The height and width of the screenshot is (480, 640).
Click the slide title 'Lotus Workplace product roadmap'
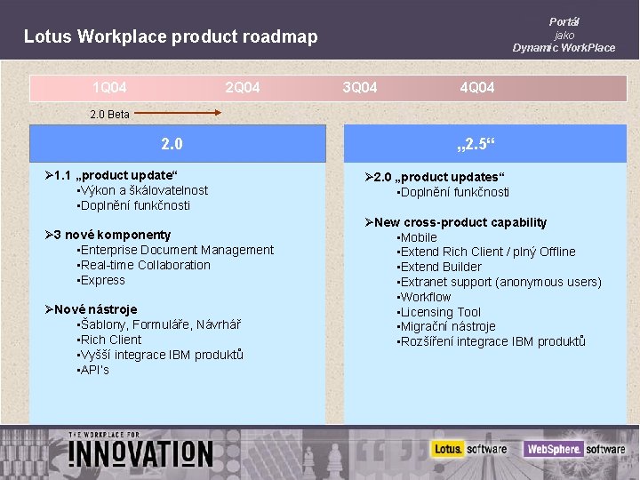(171, 36)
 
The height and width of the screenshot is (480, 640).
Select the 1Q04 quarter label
(109, 87)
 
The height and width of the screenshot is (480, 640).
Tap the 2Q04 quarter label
(243, 87)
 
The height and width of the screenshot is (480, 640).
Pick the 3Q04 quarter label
(360, 87)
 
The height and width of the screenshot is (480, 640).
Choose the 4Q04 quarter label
(477, 87)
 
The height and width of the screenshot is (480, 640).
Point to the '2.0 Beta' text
(110, 114)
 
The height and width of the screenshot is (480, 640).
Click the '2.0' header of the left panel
(172, 143)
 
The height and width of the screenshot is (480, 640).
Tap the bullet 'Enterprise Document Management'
(177, 250)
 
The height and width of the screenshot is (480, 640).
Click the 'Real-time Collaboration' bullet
(146, 265)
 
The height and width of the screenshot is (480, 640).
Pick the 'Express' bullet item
(103, 280)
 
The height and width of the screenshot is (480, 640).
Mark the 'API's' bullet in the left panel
(94, 370)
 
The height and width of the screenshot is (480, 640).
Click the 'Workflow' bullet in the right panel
(426, 297)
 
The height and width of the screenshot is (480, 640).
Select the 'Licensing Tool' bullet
(441, 312)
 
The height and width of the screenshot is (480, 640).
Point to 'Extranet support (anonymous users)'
(500, 282)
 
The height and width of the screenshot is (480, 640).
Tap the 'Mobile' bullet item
(419, 237)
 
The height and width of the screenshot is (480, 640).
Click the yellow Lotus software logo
(470, 449)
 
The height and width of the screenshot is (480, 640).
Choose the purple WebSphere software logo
(574, 449)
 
